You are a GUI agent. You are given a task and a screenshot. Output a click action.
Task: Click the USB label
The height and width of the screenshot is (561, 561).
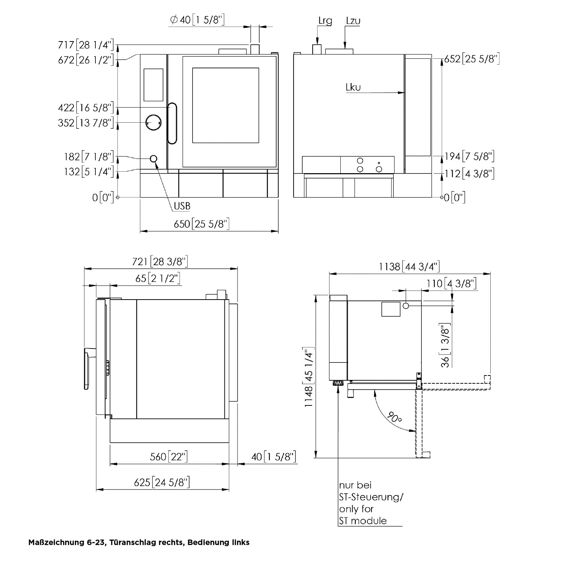pyautogui.click(x=182, y=206)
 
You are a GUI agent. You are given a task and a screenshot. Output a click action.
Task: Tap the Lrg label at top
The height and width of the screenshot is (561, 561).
pyautogui.click(x=325, y=21)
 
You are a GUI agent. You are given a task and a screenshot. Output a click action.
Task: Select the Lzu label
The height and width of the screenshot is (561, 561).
pyautogui.click(x=353, y=21)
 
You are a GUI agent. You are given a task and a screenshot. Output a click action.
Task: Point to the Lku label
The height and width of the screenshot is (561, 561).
pyautogui.click(x=353, y=88)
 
